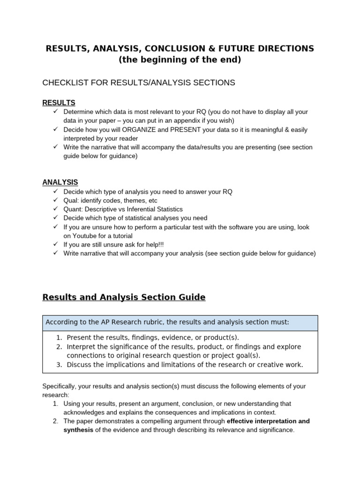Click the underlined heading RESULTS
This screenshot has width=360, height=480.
59,103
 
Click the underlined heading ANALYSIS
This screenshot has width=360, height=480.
60,182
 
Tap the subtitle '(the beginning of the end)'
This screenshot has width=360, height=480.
180,60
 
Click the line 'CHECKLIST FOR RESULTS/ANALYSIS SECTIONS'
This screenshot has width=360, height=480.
139,82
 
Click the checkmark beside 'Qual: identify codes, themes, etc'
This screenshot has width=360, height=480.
55,200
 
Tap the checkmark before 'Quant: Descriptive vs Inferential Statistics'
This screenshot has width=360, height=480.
55,209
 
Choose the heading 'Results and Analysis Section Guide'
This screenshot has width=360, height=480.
124,297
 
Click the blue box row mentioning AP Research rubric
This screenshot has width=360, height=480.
180,322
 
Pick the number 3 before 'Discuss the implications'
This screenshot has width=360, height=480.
59,364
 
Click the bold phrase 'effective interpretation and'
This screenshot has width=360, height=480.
268,421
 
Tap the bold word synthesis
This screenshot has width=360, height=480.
78,429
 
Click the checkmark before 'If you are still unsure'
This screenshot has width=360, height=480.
55,244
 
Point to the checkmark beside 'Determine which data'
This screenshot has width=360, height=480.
55,112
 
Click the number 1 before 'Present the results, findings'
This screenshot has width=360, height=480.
59,337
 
